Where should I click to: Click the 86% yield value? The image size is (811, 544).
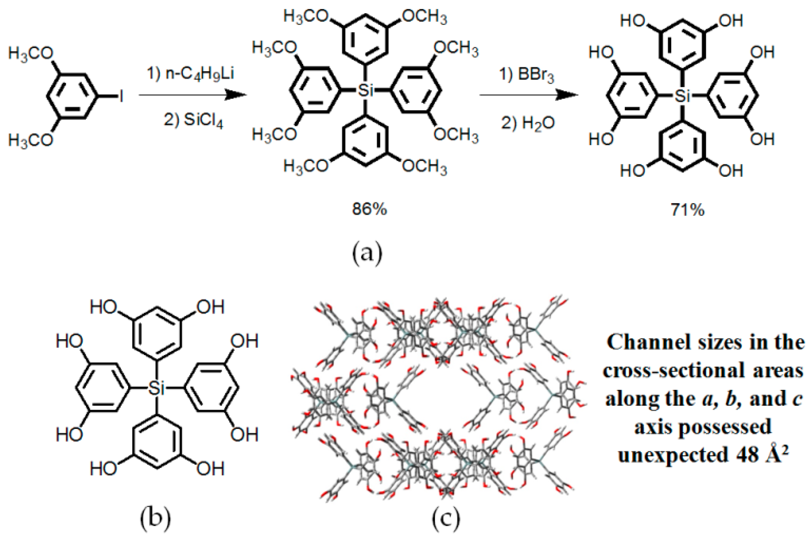369,210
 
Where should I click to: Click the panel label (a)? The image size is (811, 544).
367,253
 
